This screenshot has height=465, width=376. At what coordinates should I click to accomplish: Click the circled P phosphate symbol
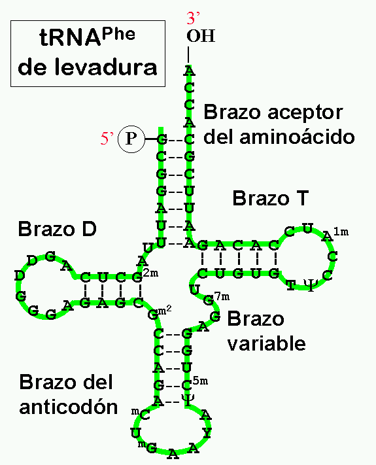(x=131, y=139)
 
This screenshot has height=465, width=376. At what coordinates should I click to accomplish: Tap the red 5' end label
(x=107, y=139)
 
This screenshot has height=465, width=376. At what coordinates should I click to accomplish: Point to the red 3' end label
(x=193, y=18)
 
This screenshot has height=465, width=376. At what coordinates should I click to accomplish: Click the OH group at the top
(x=201, y=36)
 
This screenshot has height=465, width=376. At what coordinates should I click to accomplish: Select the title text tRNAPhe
(x=87, y=37)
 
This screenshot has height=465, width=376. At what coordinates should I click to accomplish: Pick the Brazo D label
(x=58, y=229)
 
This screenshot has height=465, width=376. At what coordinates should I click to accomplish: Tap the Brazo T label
(x=271, y=198)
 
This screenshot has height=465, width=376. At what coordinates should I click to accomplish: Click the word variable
(x=266, y=343)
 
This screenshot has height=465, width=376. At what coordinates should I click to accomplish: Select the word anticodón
(x=69, y=406)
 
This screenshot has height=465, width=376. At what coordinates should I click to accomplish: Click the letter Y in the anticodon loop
(x=207, y=433)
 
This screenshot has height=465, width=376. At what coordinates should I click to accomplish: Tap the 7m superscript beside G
(x=222, y=296)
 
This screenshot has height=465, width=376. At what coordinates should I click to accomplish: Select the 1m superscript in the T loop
(x=341, y=232)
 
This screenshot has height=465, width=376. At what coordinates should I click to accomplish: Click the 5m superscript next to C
(x=200, y=381)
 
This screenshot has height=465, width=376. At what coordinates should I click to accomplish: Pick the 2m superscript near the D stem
(x=151, y=273)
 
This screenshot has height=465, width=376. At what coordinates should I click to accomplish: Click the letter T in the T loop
(x=291, y=285)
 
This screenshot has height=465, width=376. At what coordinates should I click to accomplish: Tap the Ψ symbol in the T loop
(x=311, y=285)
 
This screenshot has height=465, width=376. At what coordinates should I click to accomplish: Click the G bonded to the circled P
(x=162, y=139)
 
